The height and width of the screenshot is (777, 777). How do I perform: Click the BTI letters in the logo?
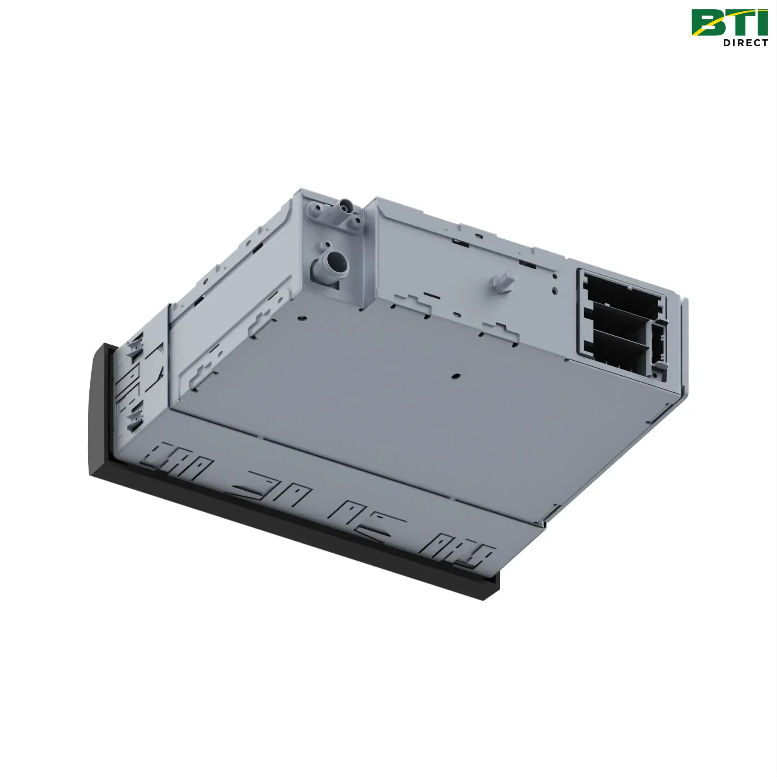(x=729, y=23)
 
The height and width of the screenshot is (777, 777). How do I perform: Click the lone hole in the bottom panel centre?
(x=455, y=376)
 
